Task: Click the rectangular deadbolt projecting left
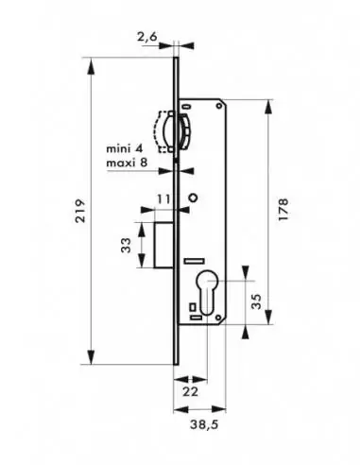coord(157,244)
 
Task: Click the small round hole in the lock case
coord(194,198)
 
